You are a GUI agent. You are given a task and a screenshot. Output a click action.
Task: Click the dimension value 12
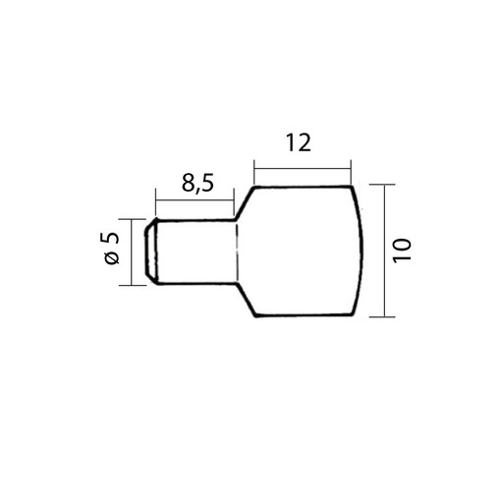(x=299, y=142)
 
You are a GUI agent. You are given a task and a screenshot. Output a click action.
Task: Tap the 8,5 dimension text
(x=197, y=184)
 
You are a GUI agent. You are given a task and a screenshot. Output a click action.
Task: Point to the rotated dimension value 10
(x=402, y=250)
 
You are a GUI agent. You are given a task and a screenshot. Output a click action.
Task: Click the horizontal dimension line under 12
(x=303, y=169)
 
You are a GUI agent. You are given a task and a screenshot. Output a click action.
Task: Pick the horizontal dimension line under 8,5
(x=195, y=200)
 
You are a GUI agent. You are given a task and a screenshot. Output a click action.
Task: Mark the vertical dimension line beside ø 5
(x=132, y=251)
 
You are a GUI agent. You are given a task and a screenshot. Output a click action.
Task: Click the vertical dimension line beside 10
(x=384, y=250)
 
